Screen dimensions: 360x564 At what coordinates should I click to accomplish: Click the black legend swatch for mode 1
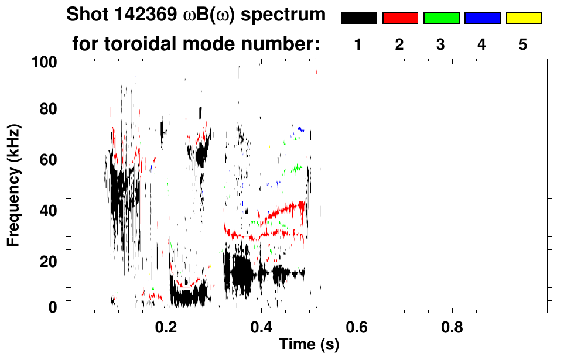pyautogui.click(x=358, y=18)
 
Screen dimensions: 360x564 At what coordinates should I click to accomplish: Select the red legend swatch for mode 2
pyautogui.click(x=400, y=18)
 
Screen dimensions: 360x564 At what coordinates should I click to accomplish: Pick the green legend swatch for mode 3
pyautogui.click(x=441, y=18)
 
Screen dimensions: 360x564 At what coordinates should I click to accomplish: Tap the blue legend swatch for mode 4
pyautogui.click(x=482, y=18)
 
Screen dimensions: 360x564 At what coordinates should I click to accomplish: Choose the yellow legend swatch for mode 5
pyautogui.click(x=524, y=18)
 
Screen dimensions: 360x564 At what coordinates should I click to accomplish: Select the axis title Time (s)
pyautogui.click(x=308, y=345)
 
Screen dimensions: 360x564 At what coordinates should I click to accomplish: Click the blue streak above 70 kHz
pyautogui.click(x=301, y=129)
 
